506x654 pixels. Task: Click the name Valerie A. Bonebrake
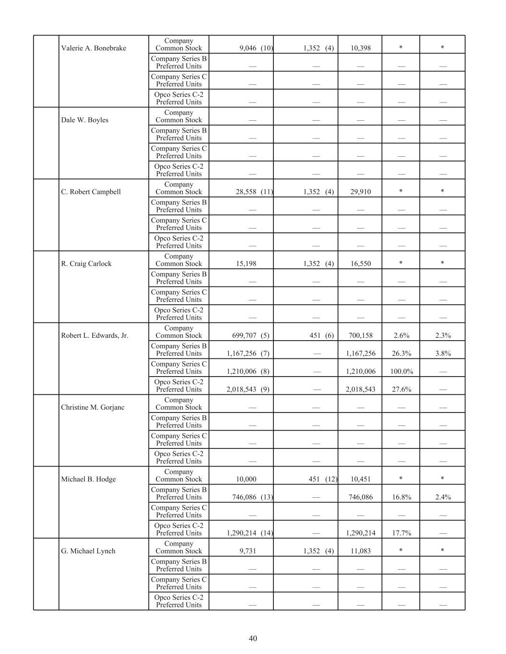(94, 48)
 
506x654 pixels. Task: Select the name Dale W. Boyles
(84, 120)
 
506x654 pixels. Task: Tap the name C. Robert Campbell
(91, 192)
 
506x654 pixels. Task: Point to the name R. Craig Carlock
(86, 264)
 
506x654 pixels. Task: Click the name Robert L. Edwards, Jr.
(94, 335)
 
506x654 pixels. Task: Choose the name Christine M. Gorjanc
(93, 407)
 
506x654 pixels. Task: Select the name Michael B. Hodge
(88, 479)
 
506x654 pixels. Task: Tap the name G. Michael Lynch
(88, 551)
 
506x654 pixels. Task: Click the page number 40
(253, 638)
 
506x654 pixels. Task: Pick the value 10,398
(360, 48)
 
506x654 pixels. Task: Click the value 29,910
(360, 192)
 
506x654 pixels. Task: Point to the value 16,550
(360, 264)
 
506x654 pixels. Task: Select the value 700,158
(361, 335)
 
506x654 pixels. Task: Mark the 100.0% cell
(401, 371)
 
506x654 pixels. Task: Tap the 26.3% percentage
(401, 354)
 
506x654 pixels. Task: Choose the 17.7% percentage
(401, 533)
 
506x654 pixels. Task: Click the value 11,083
(360, 551)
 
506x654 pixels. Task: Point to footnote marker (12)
(331, 479)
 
